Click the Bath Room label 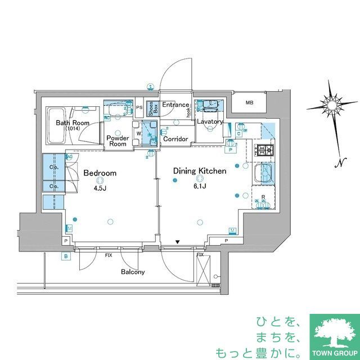(x=73, y=123)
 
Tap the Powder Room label (x=118, y=141)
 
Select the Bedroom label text (x=100, y=173)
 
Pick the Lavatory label (x=210, y=121)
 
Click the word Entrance (x=175, y=105)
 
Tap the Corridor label (x=175, y=138)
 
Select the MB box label (x=249, y=102)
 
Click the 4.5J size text (x=100, y=188)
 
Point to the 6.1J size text (x=199, y=186)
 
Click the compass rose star (x=333, y=105)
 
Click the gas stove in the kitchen (x=264, y=151)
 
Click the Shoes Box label (x=151, y=109)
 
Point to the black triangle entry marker (x=177, y=242)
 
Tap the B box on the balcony (x=66, y=257)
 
